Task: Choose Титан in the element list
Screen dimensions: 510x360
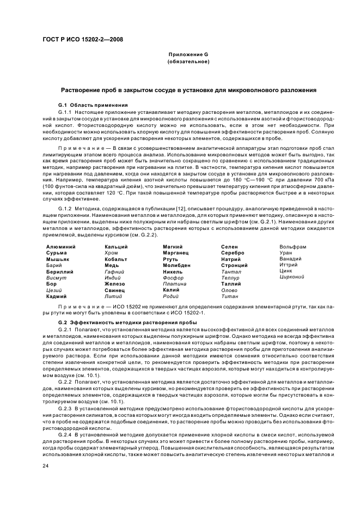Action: pos(229,296)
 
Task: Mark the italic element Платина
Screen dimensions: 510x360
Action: pos(174,283)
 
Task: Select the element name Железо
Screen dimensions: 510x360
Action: pos(115,283)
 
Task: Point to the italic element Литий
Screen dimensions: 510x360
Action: pos(113,296)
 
